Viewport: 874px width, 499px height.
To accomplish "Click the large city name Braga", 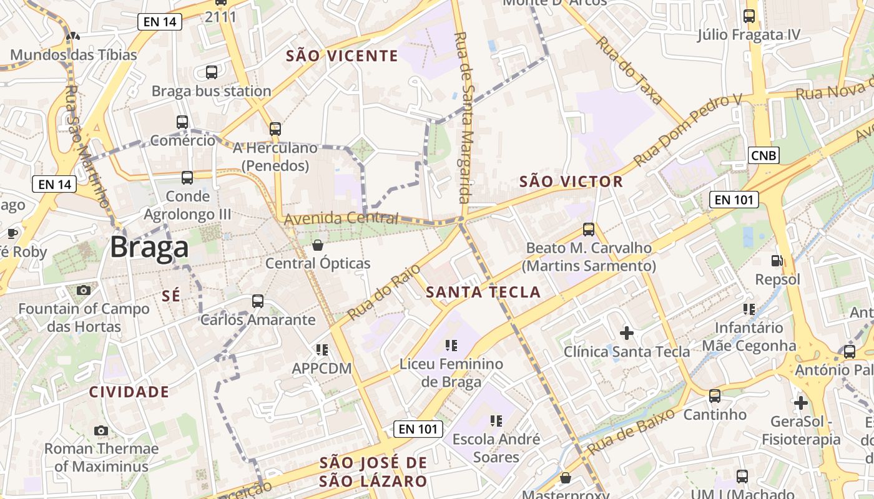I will coord(149,248).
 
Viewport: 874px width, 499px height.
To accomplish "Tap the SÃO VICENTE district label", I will coord(341,56).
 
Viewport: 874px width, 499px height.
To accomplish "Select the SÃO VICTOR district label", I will coord(571,182).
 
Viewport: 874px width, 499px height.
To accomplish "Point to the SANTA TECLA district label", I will coord(483,292).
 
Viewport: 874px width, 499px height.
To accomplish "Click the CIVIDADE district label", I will coord(129,392).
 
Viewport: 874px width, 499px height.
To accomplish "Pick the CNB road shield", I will coord(764,155).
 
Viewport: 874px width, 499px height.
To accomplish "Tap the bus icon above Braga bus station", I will coord(212,72).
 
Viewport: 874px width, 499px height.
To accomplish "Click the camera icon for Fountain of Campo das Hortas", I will coord(84,290).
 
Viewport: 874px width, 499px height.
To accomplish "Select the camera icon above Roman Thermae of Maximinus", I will coord(101,430).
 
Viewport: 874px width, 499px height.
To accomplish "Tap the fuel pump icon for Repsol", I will coord(777,261).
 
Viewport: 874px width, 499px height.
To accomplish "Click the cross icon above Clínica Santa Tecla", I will coord(627,333).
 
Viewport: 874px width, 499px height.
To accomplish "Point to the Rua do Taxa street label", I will coord(629,70).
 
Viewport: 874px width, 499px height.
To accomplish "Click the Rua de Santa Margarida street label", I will coord(463,119).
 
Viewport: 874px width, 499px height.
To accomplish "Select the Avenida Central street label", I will coord(341,219).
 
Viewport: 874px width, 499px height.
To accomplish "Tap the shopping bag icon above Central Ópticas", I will coord(318,245).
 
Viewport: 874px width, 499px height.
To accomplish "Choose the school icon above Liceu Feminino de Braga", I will coord(452,345).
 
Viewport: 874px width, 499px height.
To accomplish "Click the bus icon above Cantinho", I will coord(715,395).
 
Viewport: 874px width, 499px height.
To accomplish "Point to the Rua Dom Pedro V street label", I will coord(687,131).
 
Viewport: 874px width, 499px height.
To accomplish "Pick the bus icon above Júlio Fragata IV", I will coord(749,16).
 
